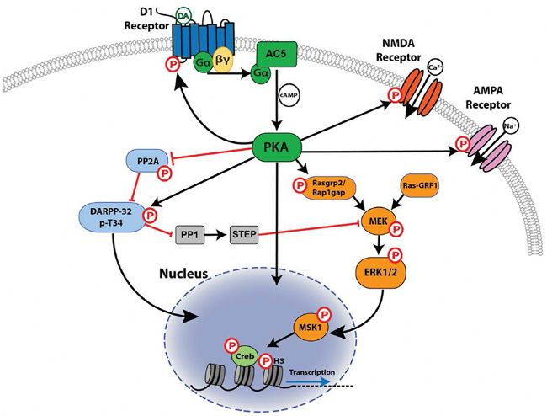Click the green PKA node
(x=277, y=147)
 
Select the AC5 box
(x=277, y=54)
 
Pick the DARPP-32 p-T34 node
(x=111, y=217)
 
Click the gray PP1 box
(x=190, y=234)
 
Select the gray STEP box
(x=244, y=234)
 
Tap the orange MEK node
(x=379, y=221)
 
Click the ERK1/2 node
(x=381, y=273)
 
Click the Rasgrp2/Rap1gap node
(x=329, y=188)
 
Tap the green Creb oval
(x=245, y=357)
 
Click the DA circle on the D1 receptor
(x=183, y=16)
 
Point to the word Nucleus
(x=183, y=273)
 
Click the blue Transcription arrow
(x=307, y=381)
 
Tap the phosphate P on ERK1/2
(x=396, y=256)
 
